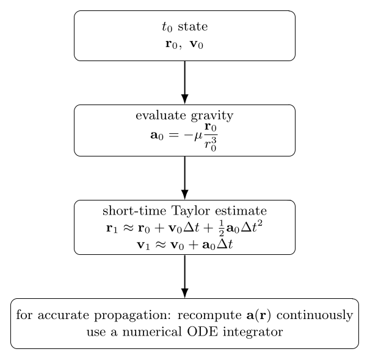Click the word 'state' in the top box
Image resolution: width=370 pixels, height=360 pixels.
pyautogui.click(x=193, y=26)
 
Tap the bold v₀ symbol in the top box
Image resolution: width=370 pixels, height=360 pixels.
pyautogui.click(x=197, y=44)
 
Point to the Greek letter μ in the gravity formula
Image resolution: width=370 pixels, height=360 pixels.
pyautogui.click(x=198, y=136)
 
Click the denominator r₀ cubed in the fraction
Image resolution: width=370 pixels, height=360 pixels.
pyautogui.click(x=211, y=145)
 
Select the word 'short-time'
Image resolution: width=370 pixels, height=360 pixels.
pyautogui.click(x=134, y=210)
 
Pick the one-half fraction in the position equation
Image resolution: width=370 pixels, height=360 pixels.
pyautogui.click(x=221, y=228)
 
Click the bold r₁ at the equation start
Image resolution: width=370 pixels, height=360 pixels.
pyautogui.click(x=112, y=229)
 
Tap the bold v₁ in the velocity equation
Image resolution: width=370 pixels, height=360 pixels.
pyautogui.click(x=143, y=245)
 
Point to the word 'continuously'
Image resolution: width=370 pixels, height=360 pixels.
pyautogui.click(x=314, y=315)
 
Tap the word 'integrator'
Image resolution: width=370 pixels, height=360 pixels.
pyautogui.click(x=253, y=332)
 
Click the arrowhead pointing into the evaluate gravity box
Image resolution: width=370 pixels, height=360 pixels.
pyautogui.click(x=185, y=99)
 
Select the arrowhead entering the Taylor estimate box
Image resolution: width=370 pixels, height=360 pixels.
pyautogui.click(x=185, y=194)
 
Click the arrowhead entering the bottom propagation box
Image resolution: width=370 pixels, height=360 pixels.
pyautogui.click(x=185, y=293)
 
